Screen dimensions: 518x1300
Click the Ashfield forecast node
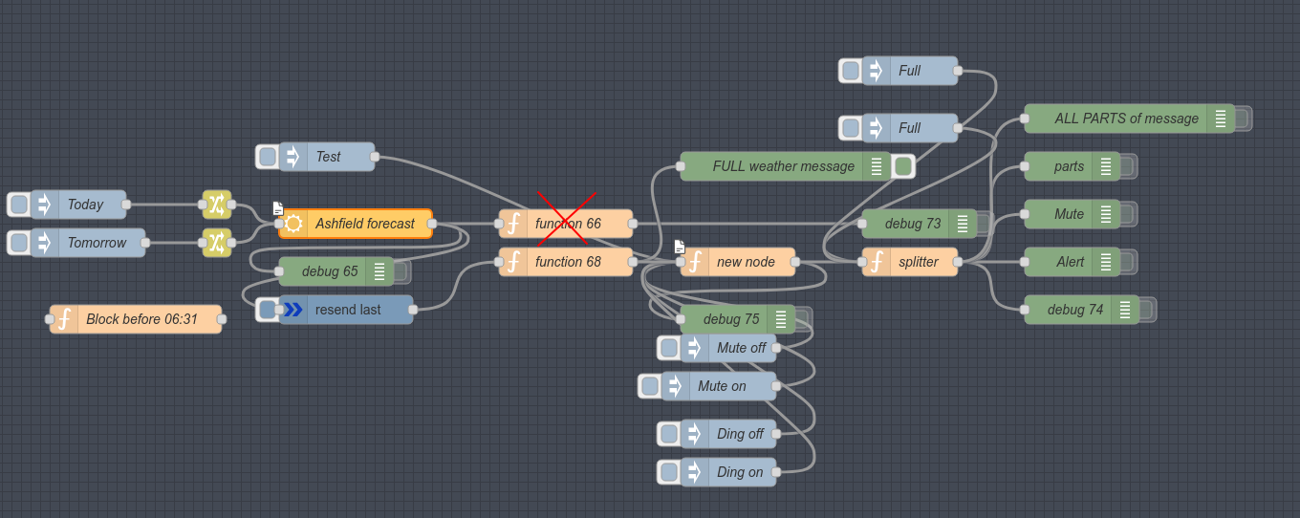(x=364, y=224)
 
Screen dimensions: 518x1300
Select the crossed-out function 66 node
(x=567, y=224)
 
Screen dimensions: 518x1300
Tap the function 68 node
(x=567, y=262)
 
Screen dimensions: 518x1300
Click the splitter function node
(x=917, y=262)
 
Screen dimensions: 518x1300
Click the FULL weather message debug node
(x=783, y=166)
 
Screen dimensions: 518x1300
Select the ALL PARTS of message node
(x=1126, y=119)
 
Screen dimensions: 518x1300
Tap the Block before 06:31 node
(x=141, y=319)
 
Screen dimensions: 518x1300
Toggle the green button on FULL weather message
(x=903, y=166)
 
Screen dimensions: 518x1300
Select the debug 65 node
(x=330, y=271)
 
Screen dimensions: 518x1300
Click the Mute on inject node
(x=722, y=386)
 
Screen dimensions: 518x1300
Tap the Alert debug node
(x=1070, y=262)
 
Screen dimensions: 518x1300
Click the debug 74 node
(x=1074, y=310)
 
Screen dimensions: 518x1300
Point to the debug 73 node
(x=912, y=224)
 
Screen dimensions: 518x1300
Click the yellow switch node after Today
(x=217, y=205)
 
